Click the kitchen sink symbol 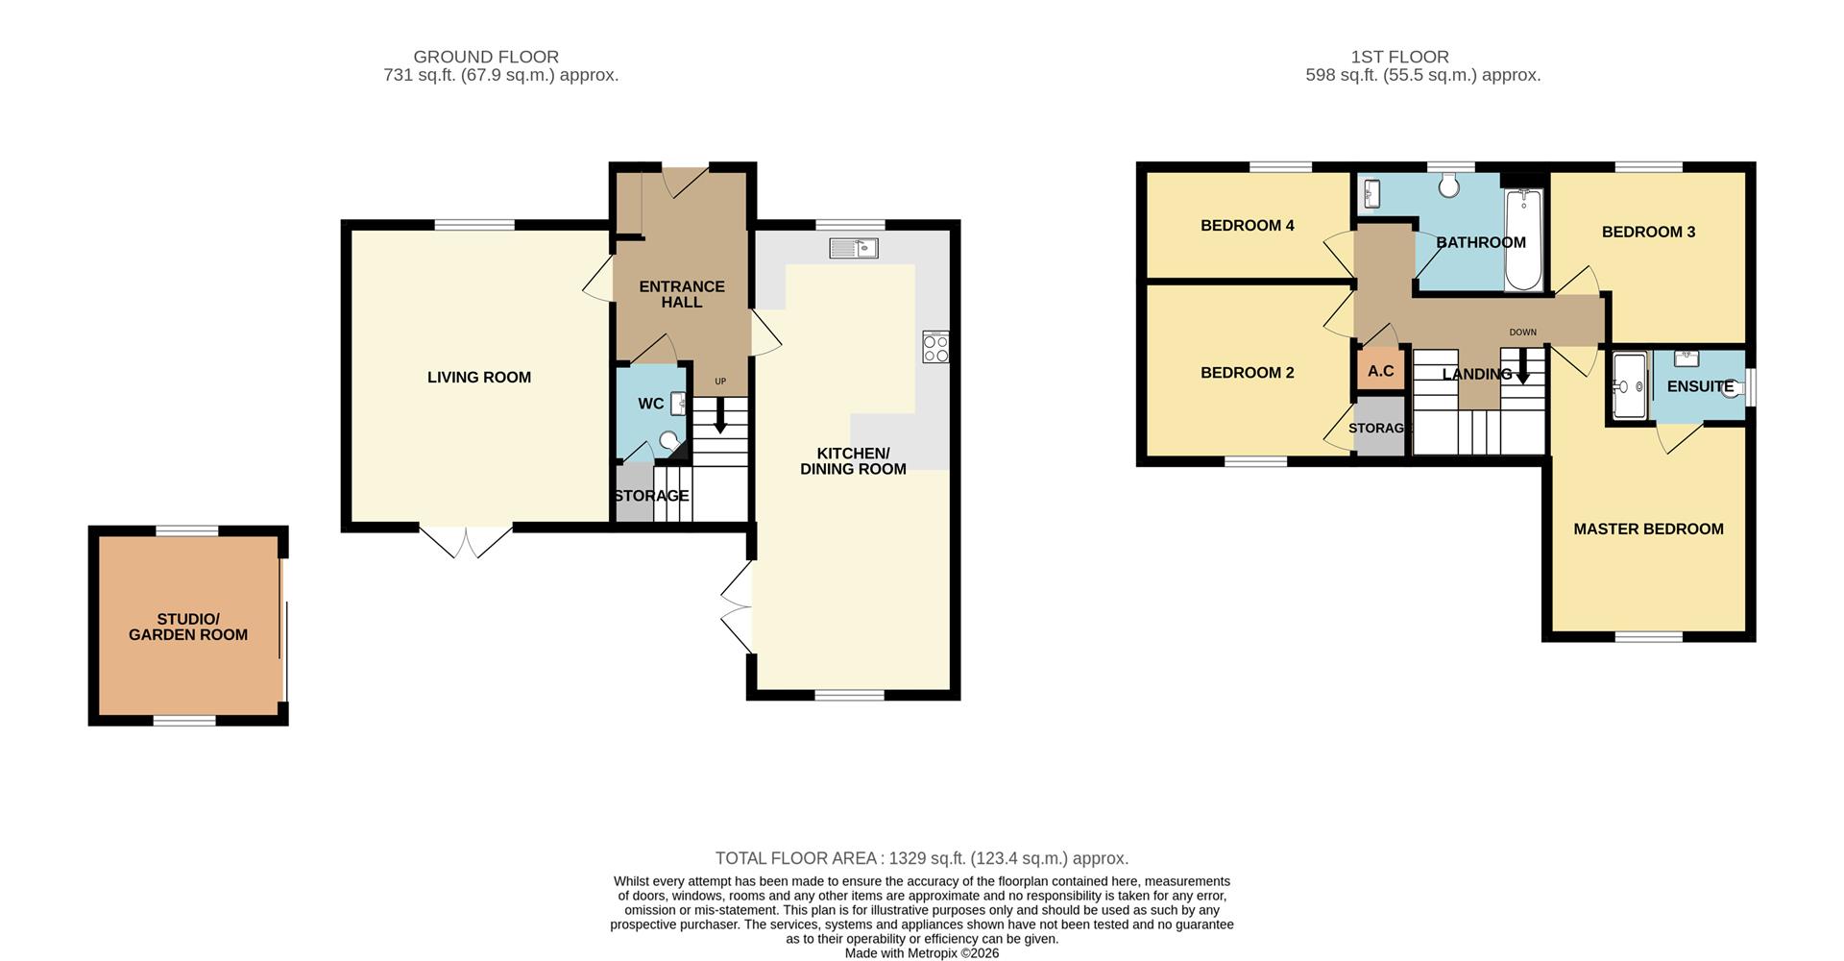click(x=854, y=249)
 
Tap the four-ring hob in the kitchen click(x=935, y=347)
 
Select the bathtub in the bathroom click(x=1523, y=239)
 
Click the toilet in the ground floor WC click(x=669, y=441)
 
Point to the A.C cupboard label click(x=1380, y=371)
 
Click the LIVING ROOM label click(x=479, y=378)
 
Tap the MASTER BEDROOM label click(x=1648, y=529)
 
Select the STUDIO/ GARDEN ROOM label click(x=188, y=627)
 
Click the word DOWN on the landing click(x=1522, y=333)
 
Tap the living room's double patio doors click(x=466, y=541)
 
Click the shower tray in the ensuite click(x=1630, y=386)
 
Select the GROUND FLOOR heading click(x=486, y=57)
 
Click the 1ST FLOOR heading click(x=1399, y=57)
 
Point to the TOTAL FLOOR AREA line click(x=922, y=858)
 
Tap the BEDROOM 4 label click(x=1248, y=226)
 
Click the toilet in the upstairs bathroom click(x=1448, y=185)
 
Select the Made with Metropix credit click(x=922, y=953)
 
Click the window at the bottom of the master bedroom click(x=1648, y=636)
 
